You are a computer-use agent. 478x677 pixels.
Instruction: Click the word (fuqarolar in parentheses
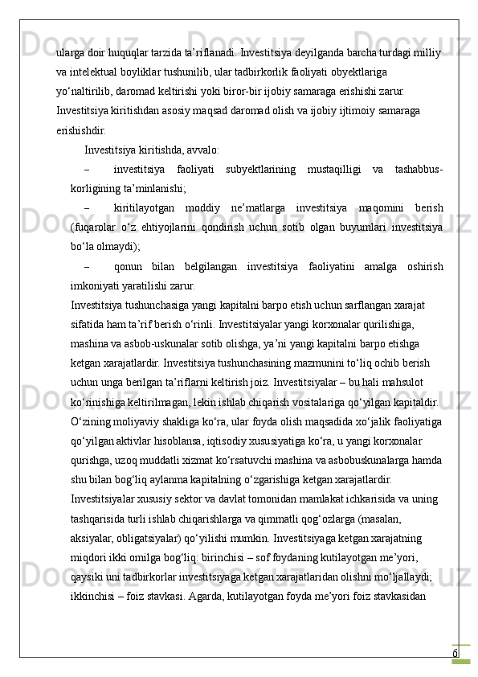(95, 228)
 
